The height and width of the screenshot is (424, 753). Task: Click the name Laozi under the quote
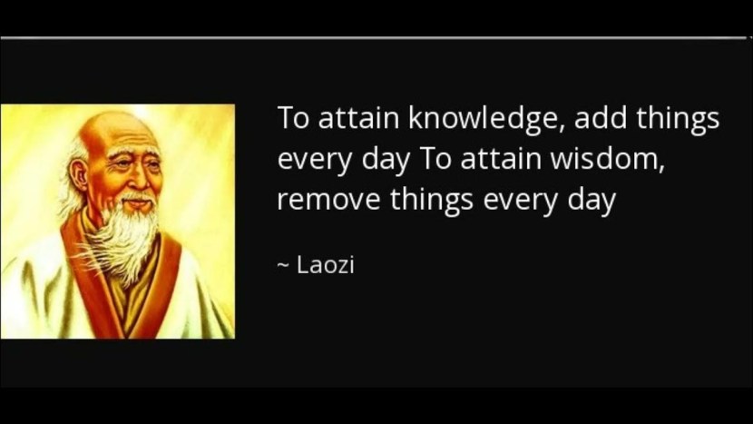coord(326,266)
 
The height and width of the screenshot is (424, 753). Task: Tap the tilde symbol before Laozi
coord(283,267)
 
